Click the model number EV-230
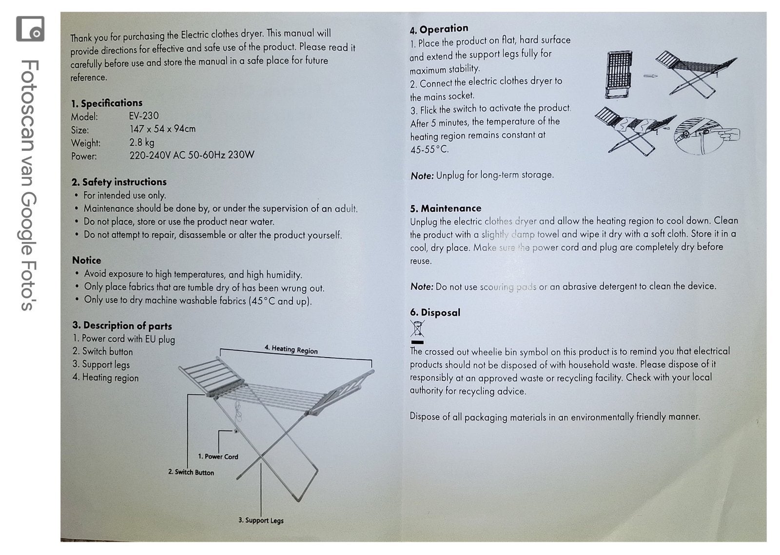coord(144,115)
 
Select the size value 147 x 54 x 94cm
coord(162,129)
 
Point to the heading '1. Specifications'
coord(107,103)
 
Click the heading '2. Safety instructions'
coord(119,182)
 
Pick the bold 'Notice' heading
coord(87,260)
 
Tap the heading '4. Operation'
coord(439,29)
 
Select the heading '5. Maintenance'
coord(446,208)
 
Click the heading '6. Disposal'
coord(435,312)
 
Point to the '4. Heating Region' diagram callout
coord(291,349)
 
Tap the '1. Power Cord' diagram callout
coord(218,456)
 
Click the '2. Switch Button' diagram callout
coord(191,472)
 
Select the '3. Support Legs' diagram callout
coord(261,520)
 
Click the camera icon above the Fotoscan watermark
coord(30,29)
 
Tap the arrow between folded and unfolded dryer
coord(650,76)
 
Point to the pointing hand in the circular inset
coord(728,135)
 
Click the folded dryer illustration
coord(619,75)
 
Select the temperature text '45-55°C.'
coord(429,150)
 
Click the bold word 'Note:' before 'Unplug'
coord(422,176)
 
